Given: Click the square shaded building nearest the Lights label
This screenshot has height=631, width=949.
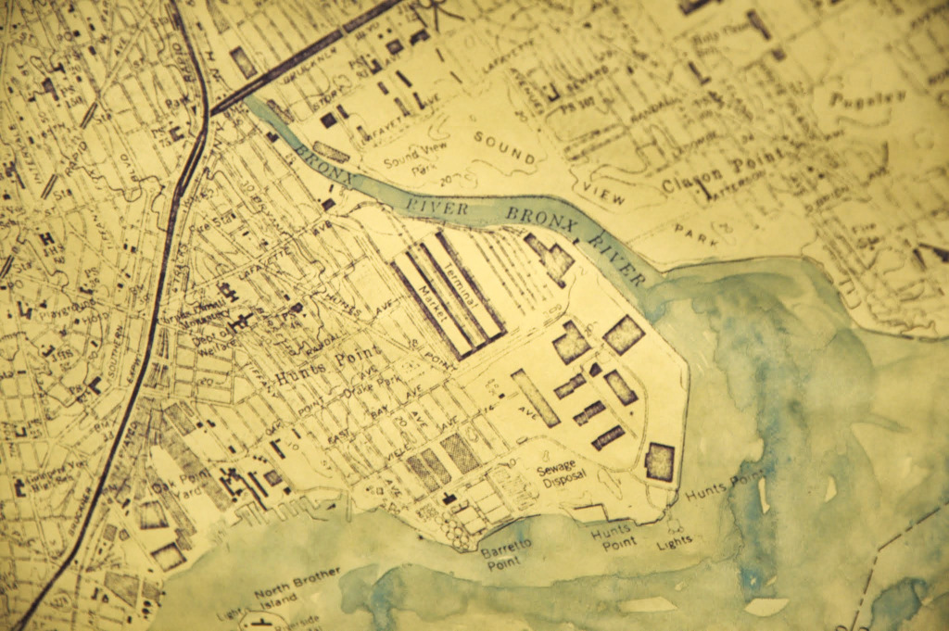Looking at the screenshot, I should coord(659,461).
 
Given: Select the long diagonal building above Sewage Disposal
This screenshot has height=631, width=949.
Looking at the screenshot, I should coord(535,398).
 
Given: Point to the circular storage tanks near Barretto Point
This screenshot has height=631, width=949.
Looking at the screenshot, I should coord(456,530).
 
